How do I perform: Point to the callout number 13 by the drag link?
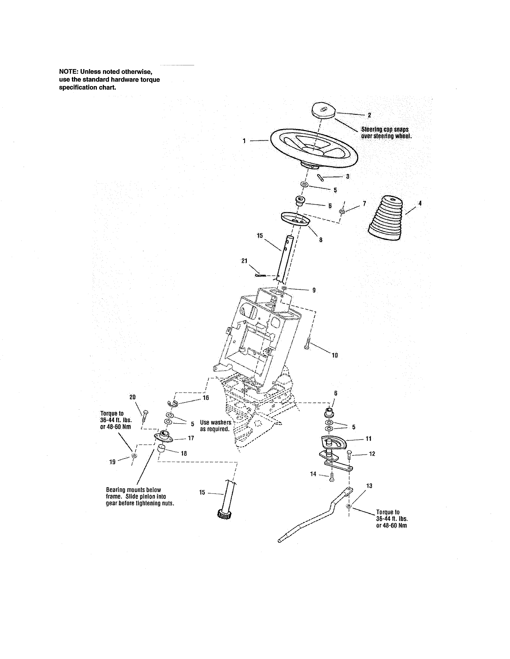369,486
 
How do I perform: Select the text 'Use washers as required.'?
215,426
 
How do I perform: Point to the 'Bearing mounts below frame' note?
140,497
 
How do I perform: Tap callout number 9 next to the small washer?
314,290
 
